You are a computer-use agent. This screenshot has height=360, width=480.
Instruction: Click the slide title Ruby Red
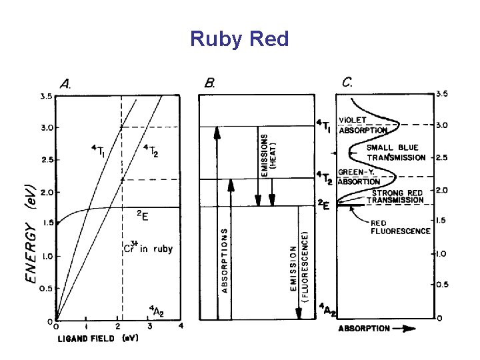239,39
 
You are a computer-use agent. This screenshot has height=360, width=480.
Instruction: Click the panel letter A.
67,84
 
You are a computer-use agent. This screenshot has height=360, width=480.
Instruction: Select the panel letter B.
210,84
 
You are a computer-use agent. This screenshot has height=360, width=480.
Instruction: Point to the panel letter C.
348,83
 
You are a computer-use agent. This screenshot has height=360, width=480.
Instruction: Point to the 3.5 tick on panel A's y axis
45,96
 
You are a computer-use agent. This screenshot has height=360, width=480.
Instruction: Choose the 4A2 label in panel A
155,309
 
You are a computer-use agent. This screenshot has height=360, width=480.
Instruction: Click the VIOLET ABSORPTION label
363,125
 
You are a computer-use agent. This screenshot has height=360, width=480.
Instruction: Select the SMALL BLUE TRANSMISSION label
396,153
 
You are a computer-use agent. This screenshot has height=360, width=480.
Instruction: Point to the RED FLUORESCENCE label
400,227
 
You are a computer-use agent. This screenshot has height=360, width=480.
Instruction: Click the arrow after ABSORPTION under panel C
407,329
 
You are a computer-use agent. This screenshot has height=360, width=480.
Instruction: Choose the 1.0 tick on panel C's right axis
442,254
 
